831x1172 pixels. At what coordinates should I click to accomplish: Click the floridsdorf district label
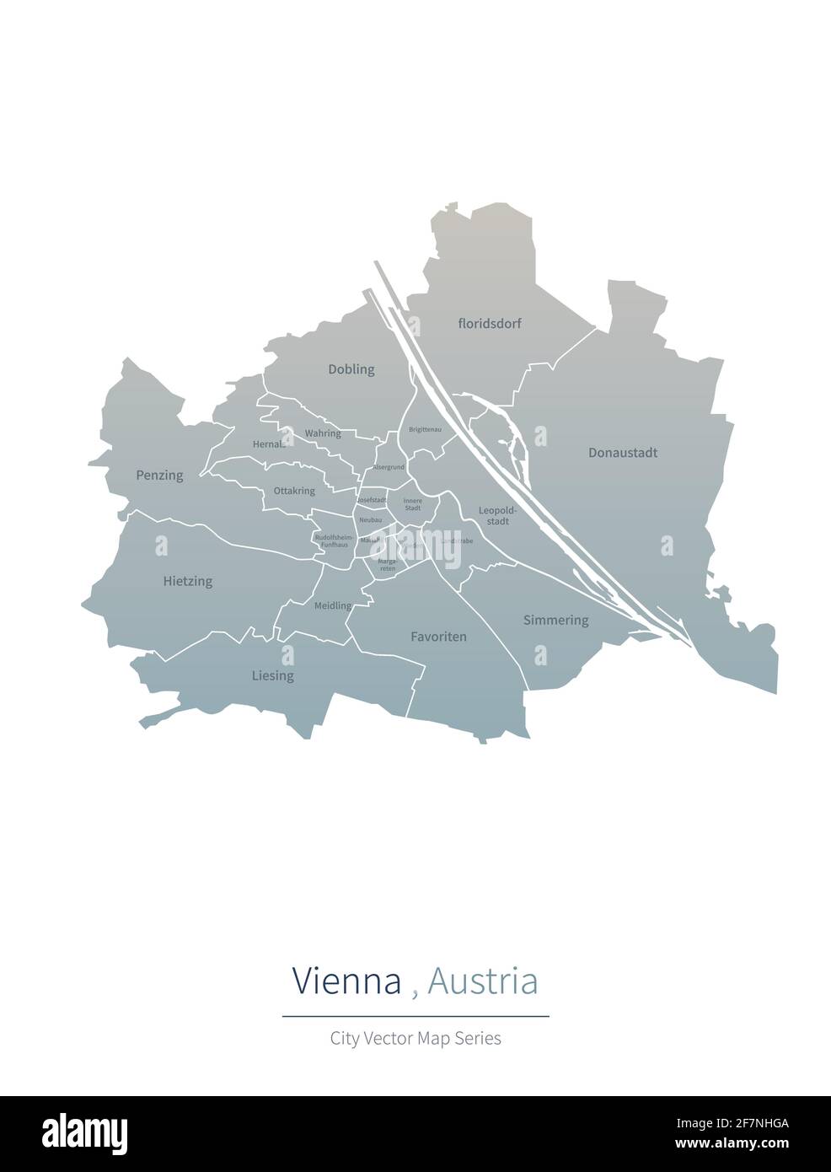[x=490, y=324]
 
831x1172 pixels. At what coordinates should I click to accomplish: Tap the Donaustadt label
[x=623, y=453]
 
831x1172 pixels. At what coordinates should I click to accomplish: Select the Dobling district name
[x=351, y=369]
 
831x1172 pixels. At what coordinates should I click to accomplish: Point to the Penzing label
[x=159, y=476]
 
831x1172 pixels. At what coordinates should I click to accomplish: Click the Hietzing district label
[x=188, y=581]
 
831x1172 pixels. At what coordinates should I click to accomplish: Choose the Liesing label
[x=273, y=675]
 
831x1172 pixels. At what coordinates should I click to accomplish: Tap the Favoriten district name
[x=438, y=637]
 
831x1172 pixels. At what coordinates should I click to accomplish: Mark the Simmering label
[x=555, y=621]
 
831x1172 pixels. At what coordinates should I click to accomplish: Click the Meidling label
[x=333, y=606]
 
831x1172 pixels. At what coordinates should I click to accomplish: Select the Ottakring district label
[x=294, y=491]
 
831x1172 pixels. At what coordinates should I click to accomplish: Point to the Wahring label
[x=323, y=433]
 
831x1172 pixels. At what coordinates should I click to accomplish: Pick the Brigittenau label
[x=425, y=430]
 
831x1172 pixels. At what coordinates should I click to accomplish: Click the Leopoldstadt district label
[x=494, y=515]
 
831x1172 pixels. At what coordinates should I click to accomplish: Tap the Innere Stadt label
[x=413, y=504]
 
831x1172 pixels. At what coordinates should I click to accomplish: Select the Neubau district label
[x=371, y=520]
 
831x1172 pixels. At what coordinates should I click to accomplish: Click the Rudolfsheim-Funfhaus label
[x=334, y=541]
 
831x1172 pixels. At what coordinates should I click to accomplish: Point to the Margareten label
[x=388, y=565]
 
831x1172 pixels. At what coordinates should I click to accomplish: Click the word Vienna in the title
[x=346, y=981]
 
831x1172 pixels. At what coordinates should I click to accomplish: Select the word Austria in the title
[x=482, y=981]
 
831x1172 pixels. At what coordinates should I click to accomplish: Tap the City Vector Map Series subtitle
[x=415, y=1038]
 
